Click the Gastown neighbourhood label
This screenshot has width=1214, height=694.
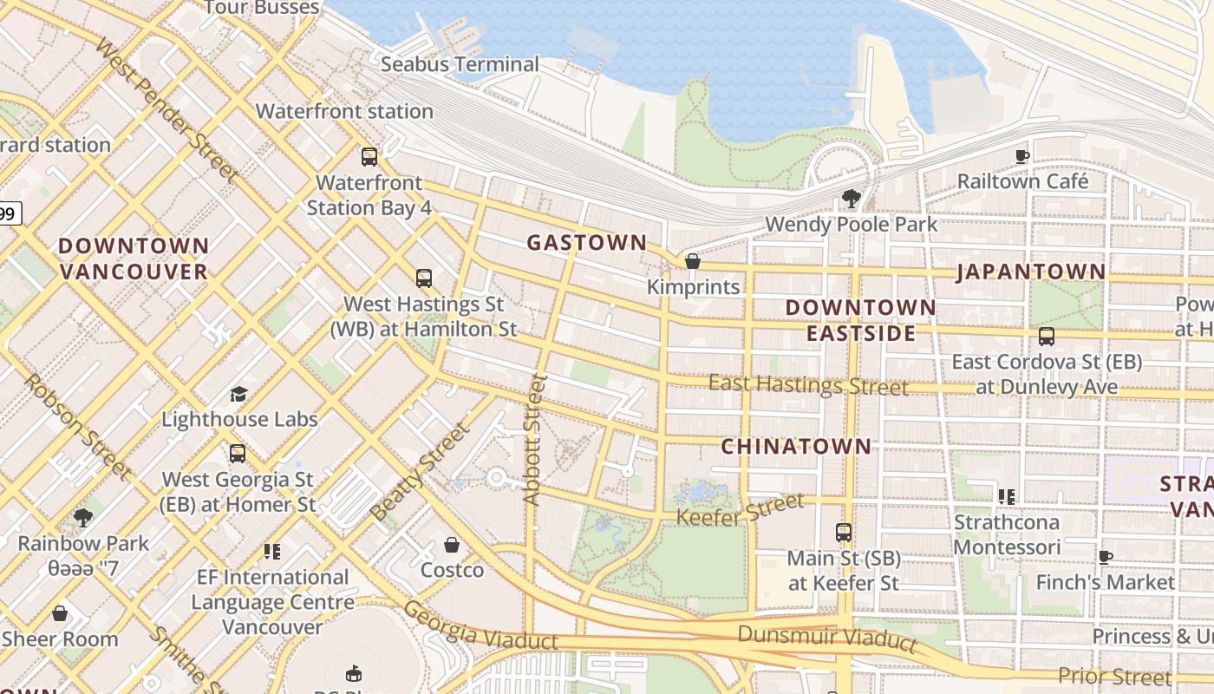(587, 243)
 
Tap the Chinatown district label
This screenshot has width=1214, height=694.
(796, 447)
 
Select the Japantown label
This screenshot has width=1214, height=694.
(1031, 272)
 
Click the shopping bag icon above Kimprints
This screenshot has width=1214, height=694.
(692, 261)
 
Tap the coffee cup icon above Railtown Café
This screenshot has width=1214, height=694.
(1022, 156)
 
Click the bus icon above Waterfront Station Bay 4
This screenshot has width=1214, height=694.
(369, 157)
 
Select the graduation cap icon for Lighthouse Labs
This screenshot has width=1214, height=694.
(238, 395)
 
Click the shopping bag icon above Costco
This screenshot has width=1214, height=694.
(452, 545)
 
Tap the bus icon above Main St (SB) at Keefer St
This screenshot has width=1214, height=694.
(843, 533)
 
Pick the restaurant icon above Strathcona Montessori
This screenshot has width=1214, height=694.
(1006, 497)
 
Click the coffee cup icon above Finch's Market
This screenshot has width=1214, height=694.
(1105, 557)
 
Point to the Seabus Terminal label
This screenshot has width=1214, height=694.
(460, 64)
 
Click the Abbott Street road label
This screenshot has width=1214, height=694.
(534, 439)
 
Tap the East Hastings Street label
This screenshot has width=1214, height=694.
(808, 384)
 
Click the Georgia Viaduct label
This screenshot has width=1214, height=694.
(480, 627)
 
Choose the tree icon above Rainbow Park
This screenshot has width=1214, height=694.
(83, 519)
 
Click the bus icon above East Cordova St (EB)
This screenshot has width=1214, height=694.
(1047, 337)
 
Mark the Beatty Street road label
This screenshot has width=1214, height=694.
(420, 471)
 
